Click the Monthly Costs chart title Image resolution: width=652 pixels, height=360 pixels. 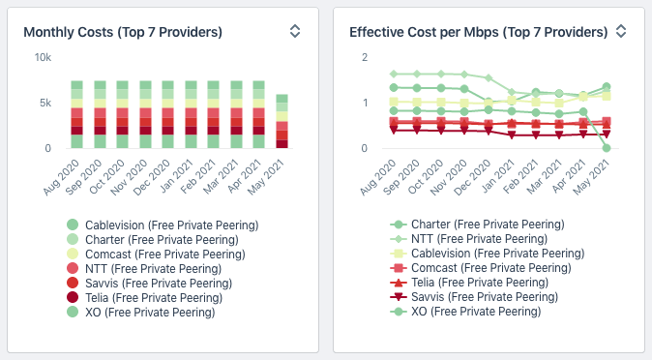coord(123,32)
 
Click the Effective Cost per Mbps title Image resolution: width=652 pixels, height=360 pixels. coord(479,32)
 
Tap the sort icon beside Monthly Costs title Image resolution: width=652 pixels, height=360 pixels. coord(295,31)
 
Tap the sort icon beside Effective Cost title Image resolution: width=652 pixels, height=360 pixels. coord(621,31)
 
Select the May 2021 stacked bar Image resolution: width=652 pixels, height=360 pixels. coord(282,121)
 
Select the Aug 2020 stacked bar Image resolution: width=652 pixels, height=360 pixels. coord(77,114)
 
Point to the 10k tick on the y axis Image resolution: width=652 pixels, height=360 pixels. coord(43,57)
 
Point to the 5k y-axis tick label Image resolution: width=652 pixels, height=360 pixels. coord(45,103)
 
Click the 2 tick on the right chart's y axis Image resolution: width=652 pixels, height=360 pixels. coord(365,57)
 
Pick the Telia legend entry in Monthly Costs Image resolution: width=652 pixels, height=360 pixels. coord(144,298)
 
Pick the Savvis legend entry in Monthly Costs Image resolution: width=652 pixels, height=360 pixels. coord(149,284)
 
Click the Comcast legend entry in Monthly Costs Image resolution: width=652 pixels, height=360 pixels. coord(156,255)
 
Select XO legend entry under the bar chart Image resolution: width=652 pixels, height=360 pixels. coord(140,313)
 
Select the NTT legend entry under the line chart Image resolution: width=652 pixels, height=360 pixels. coord(468,239)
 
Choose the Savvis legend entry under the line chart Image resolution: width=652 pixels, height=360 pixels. coord(474,297)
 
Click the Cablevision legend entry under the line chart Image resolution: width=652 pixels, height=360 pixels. coord(488,254)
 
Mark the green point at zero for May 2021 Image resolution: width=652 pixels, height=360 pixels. coord(607,148)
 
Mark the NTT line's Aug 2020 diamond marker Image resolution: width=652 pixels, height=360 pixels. coord(394,75)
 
